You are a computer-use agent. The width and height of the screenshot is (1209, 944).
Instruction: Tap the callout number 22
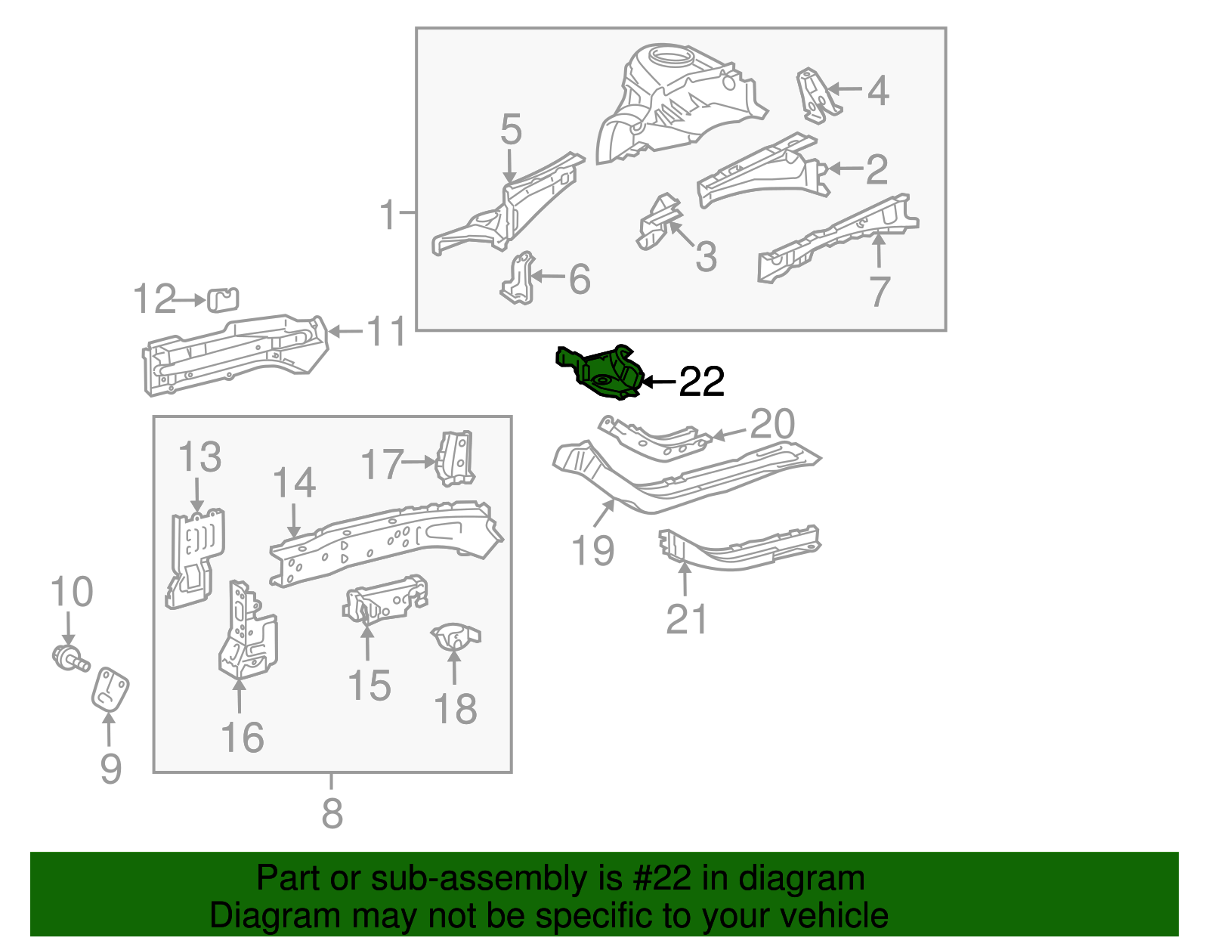702,382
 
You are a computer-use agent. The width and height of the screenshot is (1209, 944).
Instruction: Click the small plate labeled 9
110,689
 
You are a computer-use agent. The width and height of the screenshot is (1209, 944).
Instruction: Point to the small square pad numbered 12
223,299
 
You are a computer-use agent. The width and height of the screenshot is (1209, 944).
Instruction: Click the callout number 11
386,332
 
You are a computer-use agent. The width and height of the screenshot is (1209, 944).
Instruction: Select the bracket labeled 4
816,95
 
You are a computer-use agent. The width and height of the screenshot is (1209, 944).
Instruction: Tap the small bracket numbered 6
519,280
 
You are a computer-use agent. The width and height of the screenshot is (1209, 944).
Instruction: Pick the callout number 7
880,292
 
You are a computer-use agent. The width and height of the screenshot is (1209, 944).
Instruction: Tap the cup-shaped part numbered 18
454,636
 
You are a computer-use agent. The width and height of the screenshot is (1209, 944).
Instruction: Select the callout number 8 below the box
332,815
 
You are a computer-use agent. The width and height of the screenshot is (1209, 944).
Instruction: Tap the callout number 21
686,620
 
